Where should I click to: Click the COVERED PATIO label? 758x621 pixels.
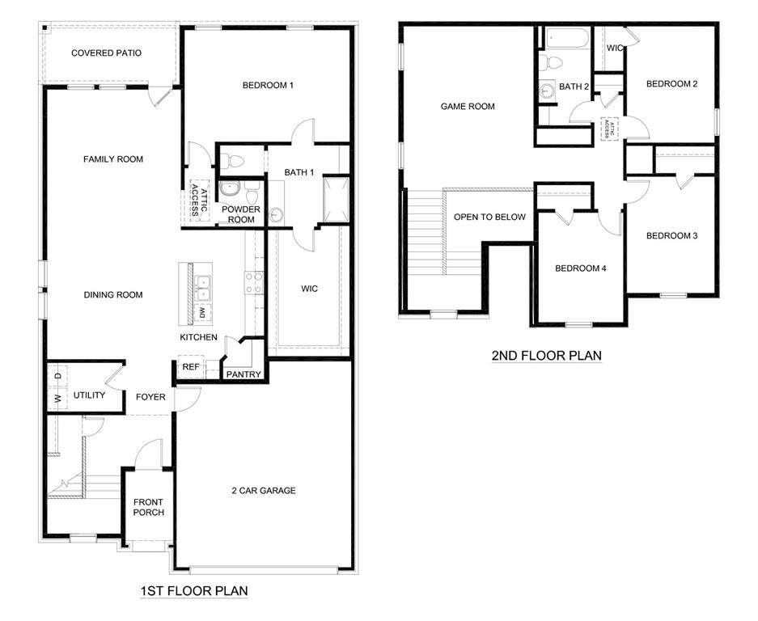click(106, 53)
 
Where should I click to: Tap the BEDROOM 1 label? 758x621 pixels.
click(268, 85)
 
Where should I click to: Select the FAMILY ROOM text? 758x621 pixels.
click(113, 159)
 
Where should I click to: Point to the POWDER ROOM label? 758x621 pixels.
click(241, 214)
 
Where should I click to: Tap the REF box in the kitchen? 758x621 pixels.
click(191, 367)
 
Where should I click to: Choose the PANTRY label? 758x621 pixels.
click(243, 374)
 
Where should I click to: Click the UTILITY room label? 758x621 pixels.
click(89, 395)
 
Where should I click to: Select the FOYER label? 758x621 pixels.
click(150, 397)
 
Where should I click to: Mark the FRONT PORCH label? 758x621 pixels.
click(149, 507)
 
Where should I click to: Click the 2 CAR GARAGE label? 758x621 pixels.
click(264, 490)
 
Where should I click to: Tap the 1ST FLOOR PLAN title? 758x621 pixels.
click(193, 591)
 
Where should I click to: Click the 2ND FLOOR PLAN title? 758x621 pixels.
click(546, 355)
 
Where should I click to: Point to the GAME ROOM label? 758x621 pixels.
click(468, 106)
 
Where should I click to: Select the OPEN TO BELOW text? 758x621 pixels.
click(489, 217)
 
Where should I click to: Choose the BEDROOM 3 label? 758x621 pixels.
click(671, 236)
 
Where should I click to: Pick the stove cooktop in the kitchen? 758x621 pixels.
click(254, 281)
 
